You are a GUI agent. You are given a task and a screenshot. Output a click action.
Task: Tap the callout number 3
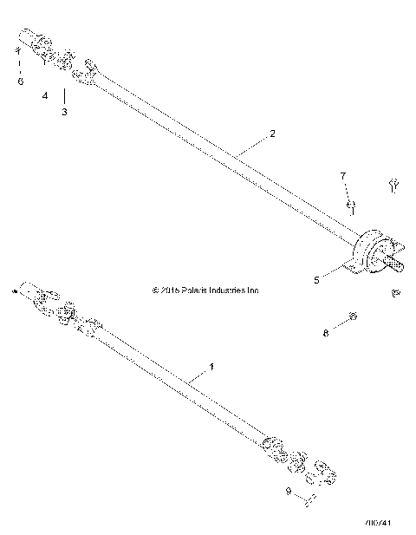(63, 112)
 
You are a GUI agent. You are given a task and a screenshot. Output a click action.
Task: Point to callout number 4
(45, 95)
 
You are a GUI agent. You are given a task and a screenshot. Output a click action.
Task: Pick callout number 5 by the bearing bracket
(317, 279)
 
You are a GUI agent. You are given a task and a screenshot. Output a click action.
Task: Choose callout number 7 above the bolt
(343, 176)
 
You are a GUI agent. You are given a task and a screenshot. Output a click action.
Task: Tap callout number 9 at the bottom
(288, 493)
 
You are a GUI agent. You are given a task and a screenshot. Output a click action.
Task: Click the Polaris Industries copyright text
(205, 290)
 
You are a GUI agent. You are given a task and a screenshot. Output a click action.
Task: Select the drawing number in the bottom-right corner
(380, 523)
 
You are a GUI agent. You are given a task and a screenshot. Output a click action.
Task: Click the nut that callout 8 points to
(352, 316)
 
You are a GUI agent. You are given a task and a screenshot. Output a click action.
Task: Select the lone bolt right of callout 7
(393, 184)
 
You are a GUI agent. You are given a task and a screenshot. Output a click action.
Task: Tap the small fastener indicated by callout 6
(17, 52)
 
